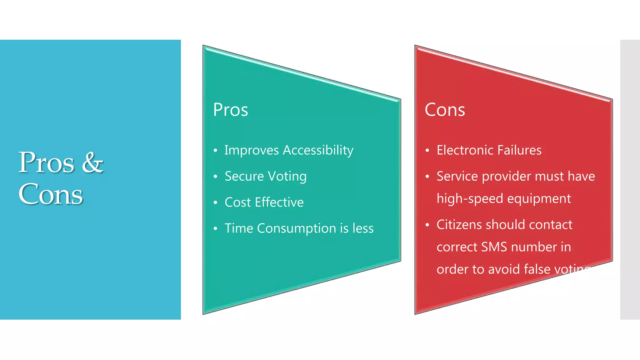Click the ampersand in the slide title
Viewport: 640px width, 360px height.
[x=92, y=163]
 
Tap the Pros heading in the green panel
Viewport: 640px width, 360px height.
[x=231, y=110]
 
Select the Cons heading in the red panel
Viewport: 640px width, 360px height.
[x=445, y=110]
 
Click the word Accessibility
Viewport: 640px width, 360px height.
[x=318, y=151]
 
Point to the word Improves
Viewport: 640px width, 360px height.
[x=252, y=151]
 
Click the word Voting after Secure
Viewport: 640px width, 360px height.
[x=287, y=177]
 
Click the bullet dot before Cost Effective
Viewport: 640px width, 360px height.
[x=215, y=203]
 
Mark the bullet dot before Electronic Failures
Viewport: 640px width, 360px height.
[x=427, y=151]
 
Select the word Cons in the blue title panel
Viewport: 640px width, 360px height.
[x=51, y=194]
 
